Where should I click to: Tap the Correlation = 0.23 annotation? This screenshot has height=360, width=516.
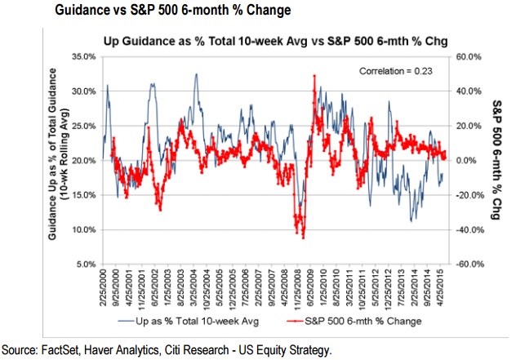click(398, 71)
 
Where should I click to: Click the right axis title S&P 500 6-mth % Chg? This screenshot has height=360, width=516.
click(498, 161)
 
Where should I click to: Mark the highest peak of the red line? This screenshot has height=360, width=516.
click(314, 76)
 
